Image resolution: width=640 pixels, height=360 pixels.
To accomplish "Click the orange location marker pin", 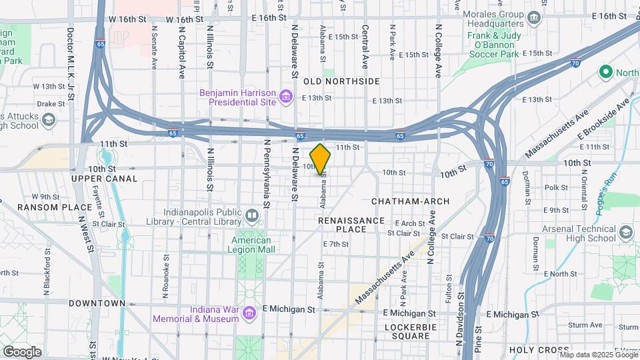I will (321, 159).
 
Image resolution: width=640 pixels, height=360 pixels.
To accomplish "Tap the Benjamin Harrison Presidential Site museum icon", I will (287, 98).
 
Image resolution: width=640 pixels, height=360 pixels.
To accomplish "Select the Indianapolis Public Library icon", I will (251, 215).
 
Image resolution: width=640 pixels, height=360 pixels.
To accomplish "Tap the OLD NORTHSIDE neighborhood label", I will (341, 81).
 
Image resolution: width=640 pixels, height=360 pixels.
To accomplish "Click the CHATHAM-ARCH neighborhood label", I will (410, 201).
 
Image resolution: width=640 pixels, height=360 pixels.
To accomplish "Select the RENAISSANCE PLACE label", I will (351, 225).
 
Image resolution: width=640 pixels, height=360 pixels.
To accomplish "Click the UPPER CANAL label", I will (105, 179).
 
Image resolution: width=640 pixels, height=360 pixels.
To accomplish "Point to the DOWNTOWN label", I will (97, 303).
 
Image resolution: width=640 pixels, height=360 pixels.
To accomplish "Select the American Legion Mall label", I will (251, 245).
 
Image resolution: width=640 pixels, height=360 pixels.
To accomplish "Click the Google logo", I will (22, 351).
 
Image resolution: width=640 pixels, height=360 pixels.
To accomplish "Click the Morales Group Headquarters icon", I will (533, 17).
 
